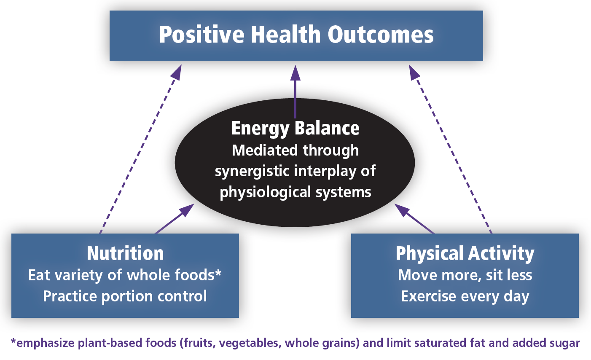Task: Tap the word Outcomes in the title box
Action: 381,34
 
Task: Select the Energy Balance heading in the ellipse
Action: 295,129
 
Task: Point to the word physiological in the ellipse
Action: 265,192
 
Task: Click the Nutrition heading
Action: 125,253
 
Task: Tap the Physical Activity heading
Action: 465,254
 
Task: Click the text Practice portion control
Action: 125,296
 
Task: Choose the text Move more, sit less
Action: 465,275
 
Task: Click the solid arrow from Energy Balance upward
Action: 295,91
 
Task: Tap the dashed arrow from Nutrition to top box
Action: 141,149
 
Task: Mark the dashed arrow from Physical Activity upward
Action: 450,149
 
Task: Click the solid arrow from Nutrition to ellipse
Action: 175,218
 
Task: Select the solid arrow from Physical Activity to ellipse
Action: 414,218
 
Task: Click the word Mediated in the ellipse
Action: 265,150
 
